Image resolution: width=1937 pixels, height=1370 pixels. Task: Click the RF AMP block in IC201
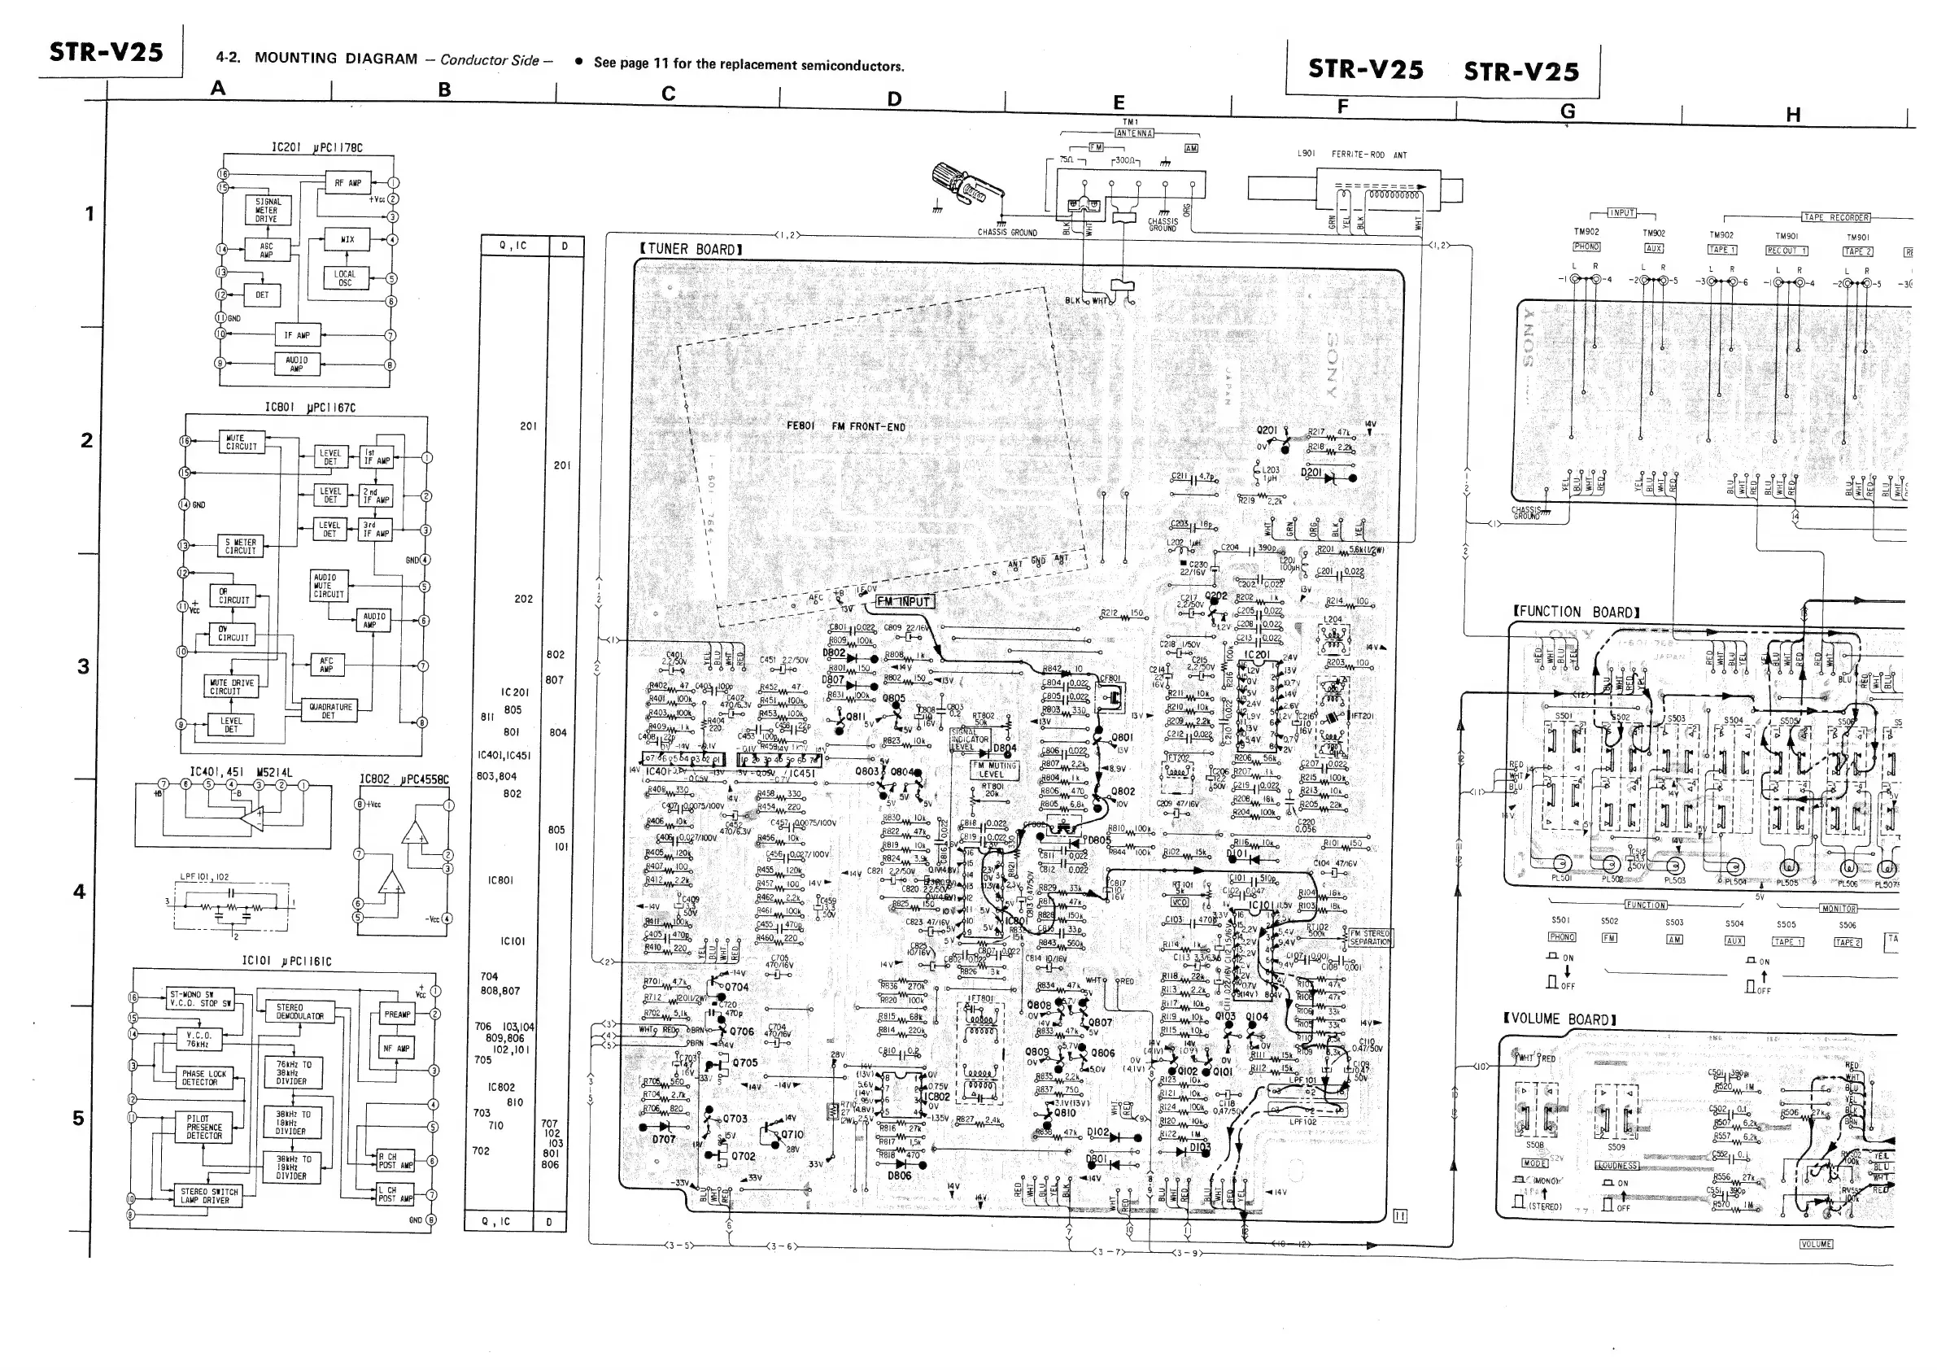click(347, 182)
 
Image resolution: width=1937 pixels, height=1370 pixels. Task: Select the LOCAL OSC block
click(345, 278)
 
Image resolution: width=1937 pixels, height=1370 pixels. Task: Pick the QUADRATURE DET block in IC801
click(328, 711)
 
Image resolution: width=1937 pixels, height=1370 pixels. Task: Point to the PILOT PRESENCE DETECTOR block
click(204, 1127)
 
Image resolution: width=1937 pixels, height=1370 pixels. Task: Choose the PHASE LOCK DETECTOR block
click(204, 1077)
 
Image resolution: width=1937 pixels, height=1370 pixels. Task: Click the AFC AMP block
click(326, 665)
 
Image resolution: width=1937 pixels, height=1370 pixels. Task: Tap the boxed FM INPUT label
click(904, 601)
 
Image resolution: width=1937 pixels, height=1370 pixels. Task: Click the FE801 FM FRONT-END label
click(845, 426)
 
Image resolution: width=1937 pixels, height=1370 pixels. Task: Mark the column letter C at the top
click(668, 94)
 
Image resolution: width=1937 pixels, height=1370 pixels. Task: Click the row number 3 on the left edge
click(83, 666)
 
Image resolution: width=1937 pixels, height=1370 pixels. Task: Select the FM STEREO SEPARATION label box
click(1369, 937)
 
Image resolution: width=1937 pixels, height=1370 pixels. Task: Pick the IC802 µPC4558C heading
click(404, 779)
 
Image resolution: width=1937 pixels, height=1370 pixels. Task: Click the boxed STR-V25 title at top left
click(107, 52)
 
